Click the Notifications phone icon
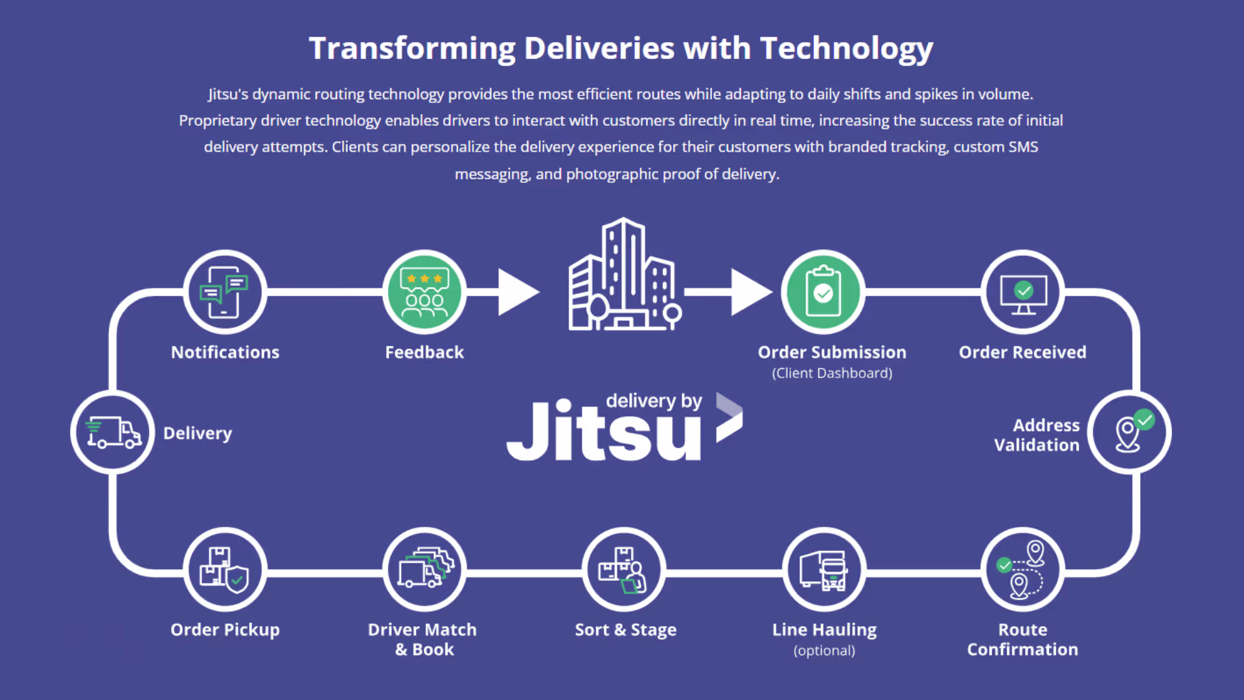[x=225, y=292]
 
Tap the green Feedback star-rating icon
[x=424, y=292]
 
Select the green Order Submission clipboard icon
[x=823, y=292]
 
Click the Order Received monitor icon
[x=1022, y=292]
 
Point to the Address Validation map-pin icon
[x=1129, y=432]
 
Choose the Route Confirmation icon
[x=1022, y=570]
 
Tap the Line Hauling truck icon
[x=824, y=570]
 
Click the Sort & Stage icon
[x=623, y=570]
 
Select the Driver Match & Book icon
[x=424, y=570]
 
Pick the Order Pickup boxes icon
[x=225, y=570]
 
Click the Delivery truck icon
[x=113, y=432]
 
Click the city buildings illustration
[x=624, y=275]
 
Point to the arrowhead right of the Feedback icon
[x=518, y=292]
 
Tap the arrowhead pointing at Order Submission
[x=751, y=292]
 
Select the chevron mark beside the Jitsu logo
[x=729, y=418]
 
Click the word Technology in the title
[x=846, y=49]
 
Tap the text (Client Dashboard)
[x=832, y=373]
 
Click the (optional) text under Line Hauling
[x=824, y=651]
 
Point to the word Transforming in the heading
[x=412, y=49]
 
